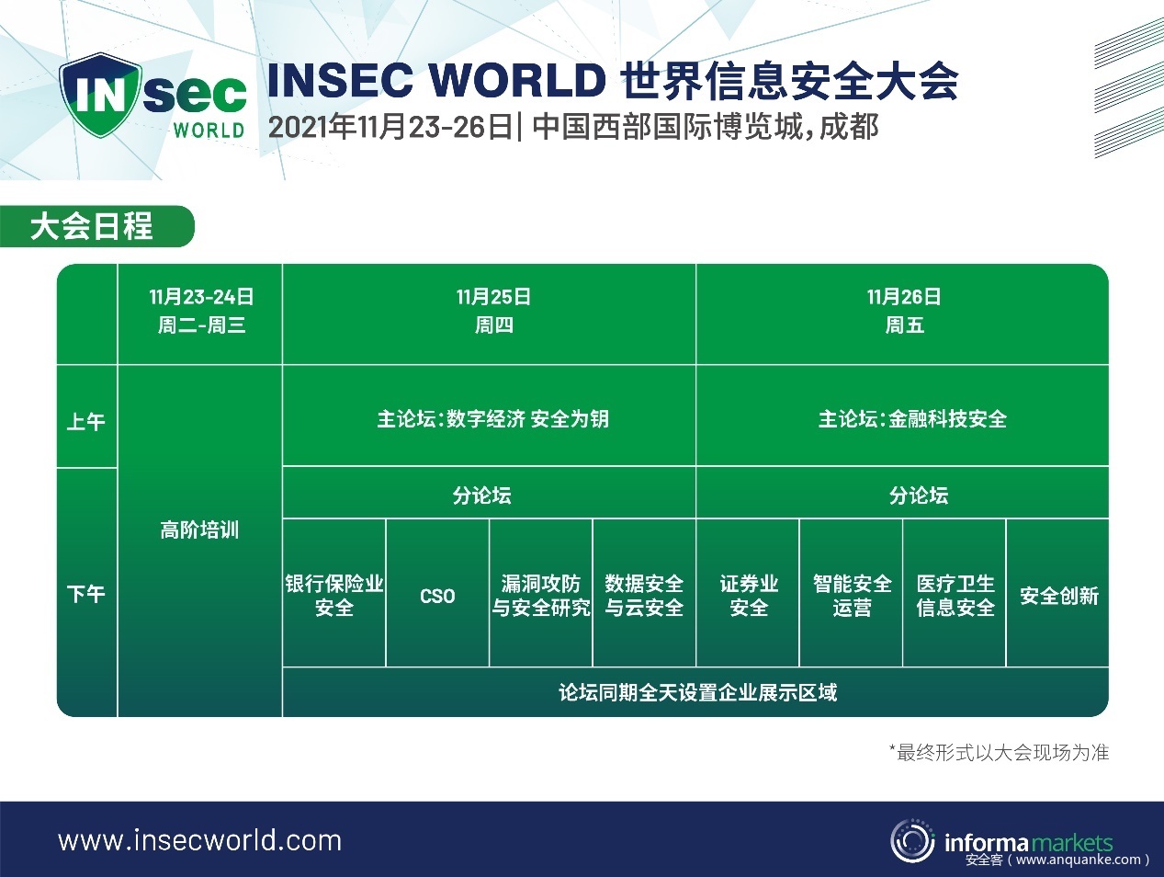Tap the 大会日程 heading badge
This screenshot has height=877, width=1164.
coord(97,226)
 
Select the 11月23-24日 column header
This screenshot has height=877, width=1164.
coord(200,314)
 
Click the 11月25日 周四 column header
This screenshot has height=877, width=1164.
coord(489,314)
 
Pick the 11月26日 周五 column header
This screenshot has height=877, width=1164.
coord(902,314)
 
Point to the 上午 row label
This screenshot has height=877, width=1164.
coord(86,416)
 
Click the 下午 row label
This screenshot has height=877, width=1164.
coord(86,593)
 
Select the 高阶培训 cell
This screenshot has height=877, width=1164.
coord(200,541)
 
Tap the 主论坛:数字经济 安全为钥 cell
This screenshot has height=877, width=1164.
coord(489,416)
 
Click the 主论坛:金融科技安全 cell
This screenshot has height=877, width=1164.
coord(902,416)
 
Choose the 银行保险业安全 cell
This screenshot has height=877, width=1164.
coord(334,593)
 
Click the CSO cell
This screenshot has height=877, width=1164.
coord(437,593)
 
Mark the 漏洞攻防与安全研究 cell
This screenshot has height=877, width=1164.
coord(541,593)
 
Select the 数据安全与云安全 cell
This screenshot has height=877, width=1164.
coord(644,593)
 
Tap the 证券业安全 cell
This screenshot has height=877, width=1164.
coord(748,593)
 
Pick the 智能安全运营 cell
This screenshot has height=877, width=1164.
coord(851,593)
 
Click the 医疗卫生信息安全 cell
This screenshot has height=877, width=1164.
coord(955,593)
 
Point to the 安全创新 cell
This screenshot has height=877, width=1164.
coord(1057,593)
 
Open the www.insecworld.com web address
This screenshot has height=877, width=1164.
coord(200,841)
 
